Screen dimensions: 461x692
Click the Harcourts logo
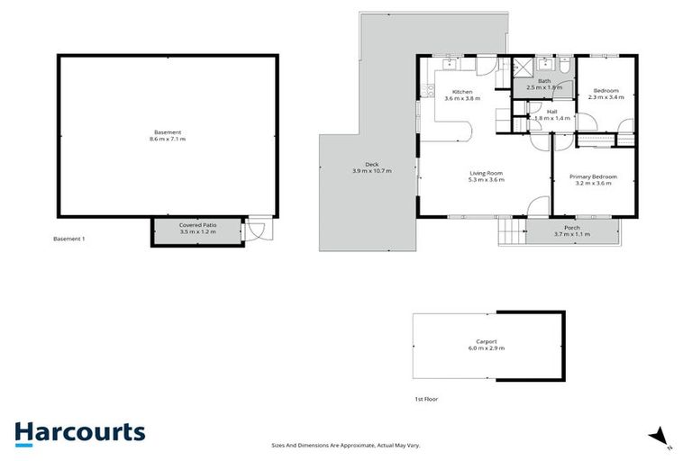point(79,431)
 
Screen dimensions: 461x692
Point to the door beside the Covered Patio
point(257,230)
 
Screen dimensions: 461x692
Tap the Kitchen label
point(462,92)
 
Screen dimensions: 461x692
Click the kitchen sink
point(448,64)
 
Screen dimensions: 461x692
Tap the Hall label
point(551,112)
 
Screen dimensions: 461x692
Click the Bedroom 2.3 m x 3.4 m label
point(605,91)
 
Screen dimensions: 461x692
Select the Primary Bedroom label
point(591,176)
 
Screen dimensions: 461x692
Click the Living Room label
point(486,173)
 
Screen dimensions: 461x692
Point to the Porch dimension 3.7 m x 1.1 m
point(571,234)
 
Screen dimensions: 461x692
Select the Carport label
point(487,341)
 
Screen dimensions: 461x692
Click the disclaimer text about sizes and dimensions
point(346,445)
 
